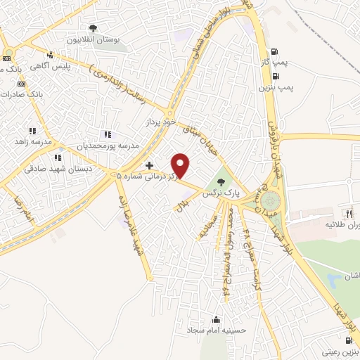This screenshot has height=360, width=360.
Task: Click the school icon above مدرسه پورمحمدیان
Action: click(107, 134)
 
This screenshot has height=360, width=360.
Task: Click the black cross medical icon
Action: click(149, 166)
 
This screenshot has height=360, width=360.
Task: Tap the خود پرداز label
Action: click(158, 122)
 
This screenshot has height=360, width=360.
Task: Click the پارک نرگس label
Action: click(217, 192)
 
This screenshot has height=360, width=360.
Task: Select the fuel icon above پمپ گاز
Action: click(274, 51)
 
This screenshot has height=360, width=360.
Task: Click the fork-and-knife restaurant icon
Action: click(347, 213)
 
